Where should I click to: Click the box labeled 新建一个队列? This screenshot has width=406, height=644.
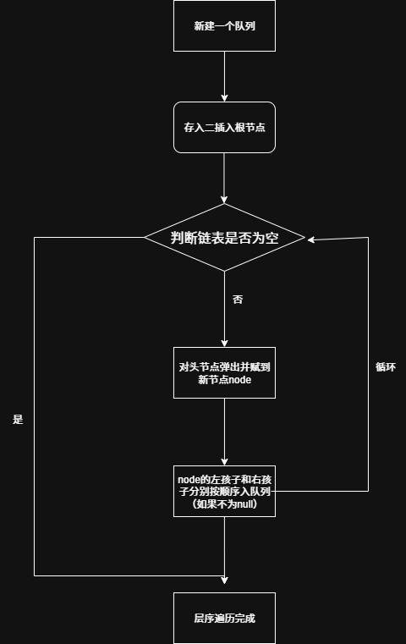pyautogui.click(x=224, y=25)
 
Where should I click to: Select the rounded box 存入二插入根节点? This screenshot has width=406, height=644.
pyautogui.click(x=224, y=128)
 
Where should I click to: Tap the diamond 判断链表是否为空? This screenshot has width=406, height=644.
pyautogui.click(x=224, y=238)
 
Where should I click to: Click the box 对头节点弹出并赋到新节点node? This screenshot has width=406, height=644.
pyautogui.click(x=224, y=372)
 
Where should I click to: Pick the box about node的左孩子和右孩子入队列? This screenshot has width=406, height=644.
pyautogui.click(x=224, y=491)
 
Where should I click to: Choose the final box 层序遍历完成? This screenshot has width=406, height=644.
pyautogui.click(x=224, y=618)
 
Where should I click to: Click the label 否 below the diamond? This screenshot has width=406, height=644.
pyautogui.click(x=238, y=300)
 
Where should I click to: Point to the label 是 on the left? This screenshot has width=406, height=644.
pyautogui.click(x=18, y=419)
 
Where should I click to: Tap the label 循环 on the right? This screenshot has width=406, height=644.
pyautogui.click(x=385, y=367)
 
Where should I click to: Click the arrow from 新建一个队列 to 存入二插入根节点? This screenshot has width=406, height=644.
pyautogui.click(x=224, y=76)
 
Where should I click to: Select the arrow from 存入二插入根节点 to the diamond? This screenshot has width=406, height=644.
pyautogui.click(x=224, y=178)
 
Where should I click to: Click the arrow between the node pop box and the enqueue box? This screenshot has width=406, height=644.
pyautogui.click(x=224, y=432)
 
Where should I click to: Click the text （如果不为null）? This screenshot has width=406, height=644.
pyautogui.click(x=224, y=504)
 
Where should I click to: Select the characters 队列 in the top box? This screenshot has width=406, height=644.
pyautogui.click(x=244, y=25)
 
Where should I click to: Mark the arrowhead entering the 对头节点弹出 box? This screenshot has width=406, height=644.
pyautogui.click(x=224, y=342)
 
